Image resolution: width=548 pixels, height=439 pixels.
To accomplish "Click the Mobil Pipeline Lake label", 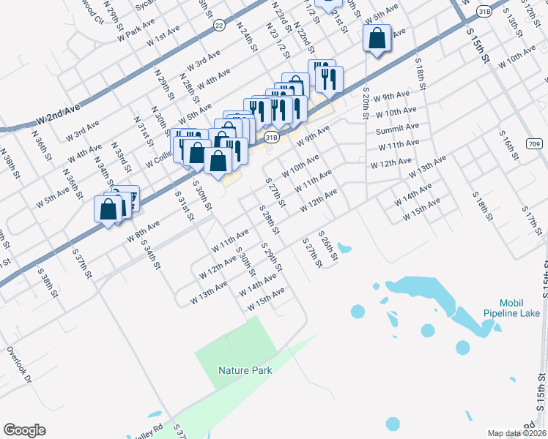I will (511, 307).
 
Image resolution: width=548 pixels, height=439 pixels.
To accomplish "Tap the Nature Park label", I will (245, 370).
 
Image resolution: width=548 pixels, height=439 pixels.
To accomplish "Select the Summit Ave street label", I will (397, 129).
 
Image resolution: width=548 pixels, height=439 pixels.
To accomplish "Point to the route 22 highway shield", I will (218, 24).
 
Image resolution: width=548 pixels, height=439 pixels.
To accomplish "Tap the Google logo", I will (24, 430).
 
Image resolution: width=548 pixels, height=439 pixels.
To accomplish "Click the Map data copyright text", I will (517, 433).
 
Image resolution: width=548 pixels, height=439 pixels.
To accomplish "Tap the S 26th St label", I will (327, 247).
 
